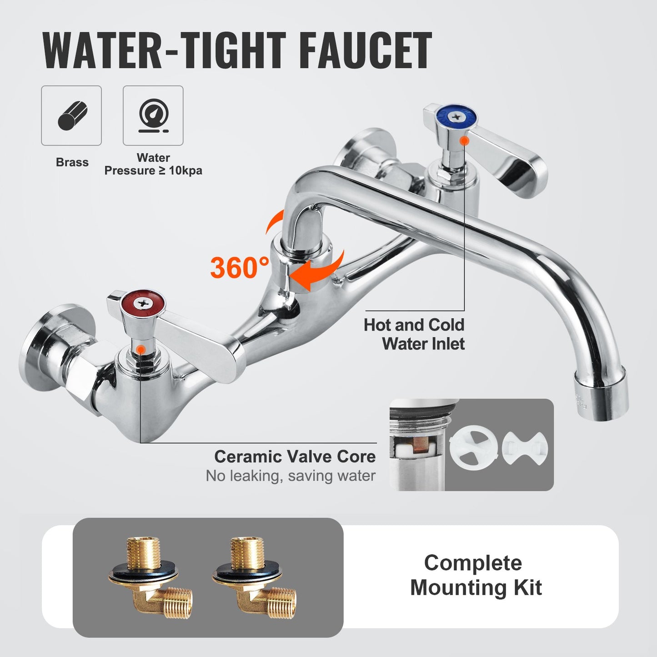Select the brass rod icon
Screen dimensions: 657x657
point(72,115)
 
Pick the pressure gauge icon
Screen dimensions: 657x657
point(153,115)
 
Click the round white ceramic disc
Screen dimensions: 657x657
point(473,448)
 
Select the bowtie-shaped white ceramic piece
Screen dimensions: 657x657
point(525,448)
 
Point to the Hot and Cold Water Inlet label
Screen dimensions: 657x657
point(414,334)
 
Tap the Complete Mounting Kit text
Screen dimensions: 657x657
point(476,575)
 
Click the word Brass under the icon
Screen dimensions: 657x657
point(72,162)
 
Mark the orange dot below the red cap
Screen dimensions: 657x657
point(141,349)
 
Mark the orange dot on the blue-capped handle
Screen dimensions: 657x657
point(464,141)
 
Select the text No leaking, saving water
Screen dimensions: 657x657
point(291,476)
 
